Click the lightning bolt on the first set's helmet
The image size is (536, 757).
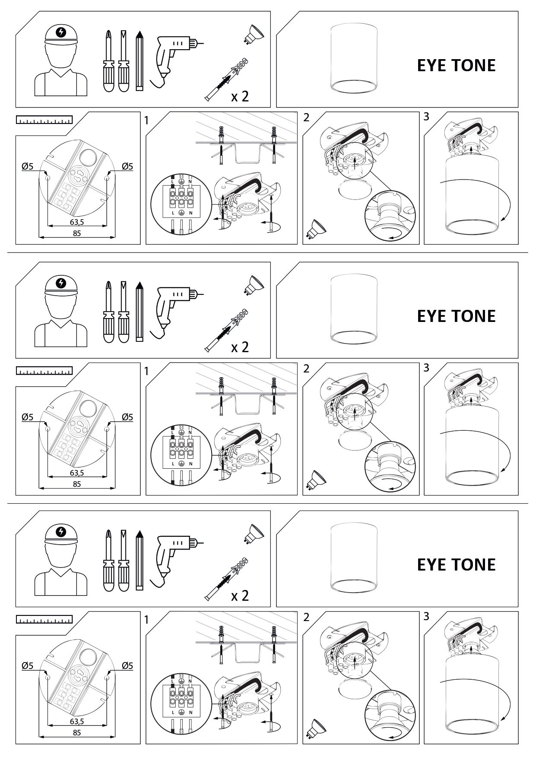(62, 32)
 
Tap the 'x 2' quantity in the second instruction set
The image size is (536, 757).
(240, 347)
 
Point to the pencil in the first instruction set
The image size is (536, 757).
(139, 60)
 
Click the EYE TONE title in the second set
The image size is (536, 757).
(456, 316)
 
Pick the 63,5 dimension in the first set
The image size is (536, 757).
(77, 222)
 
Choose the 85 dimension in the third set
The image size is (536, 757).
(77, 732)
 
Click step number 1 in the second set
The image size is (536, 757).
(146, 371)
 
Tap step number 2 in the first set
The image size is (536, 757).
(307, 117)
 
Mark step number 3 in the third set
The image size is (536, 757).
(426, 616)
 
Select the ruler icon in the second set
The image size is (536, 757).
(44, 371)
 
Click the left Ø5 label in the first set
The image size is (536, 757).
(27, 166)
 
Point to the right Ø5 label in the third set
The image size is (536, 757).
(127, 666)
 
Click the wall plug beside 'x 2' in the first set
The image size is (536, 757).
(228, 79)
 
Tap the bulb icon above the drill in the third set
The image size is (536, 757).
(255, 533)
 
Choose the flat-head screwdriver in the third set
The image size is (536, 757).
(124, 560)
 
